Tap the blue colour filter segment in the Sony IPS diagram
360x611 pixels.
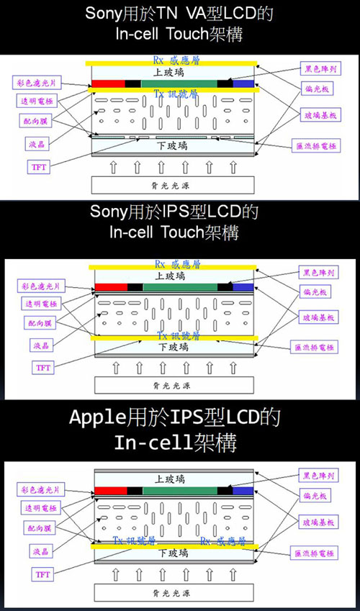pos(243,287)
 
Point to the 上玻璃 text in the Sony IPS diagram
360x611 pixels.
pos(172,276)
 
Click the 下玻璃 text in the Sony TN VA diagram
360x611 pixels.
pos(172,145)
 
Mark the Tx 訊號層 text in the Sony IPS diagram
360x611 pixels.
pos(172,336)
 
